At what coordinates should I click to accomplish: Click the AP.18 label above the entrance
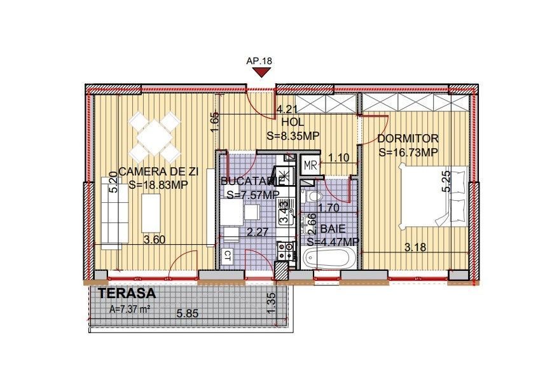(259, 61)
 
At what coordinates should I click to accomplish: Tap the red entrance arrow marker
(259, 73)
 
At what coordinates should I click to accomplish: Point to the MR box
(311, 165)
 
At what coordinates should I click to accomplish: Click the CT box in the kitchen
(227, 256)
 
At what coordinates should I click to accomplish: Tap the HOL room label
(293, 122)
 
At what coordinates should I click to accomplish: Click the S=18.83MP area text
(158, 185)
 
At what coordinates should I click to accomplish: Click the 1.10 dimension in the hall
(338, 158)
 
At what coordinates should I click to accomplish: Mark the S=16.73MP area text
(408, 153)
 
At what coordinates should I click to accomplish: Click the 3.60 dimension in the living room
(155, 240)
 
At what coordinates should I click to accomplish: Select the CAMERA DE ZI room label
(158, 172)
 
